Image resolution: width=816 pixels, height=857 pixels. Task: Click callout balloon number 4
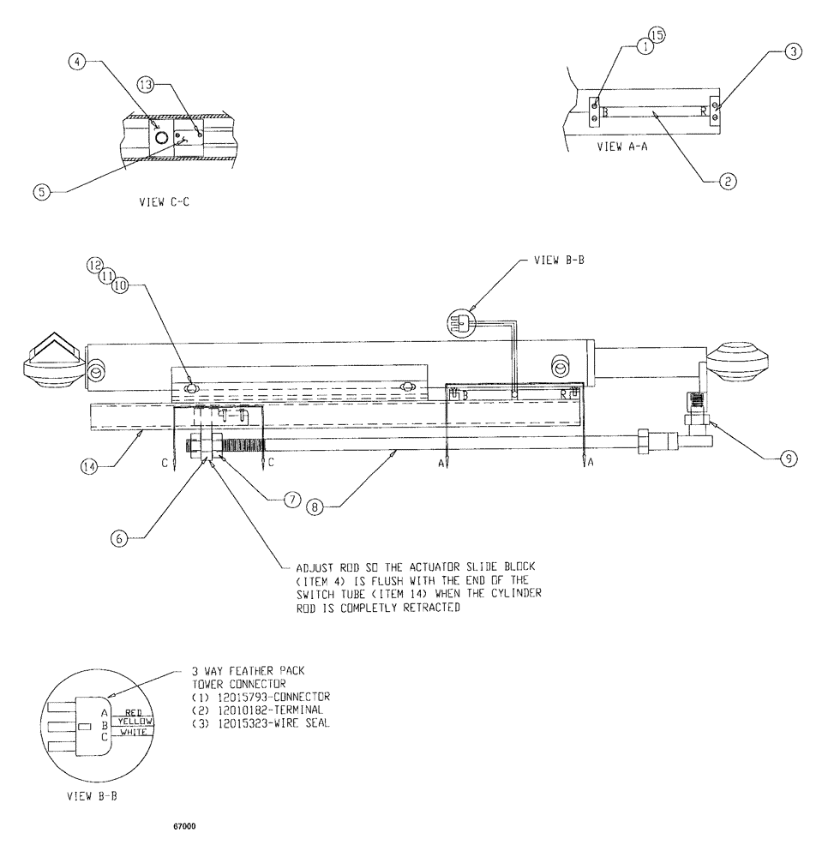[76, 62]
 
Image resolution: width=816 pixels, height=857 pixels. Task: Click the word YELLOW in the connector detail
[134, 722]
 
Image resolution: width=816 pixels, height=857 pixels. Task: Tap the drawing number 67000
[184, 826]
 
